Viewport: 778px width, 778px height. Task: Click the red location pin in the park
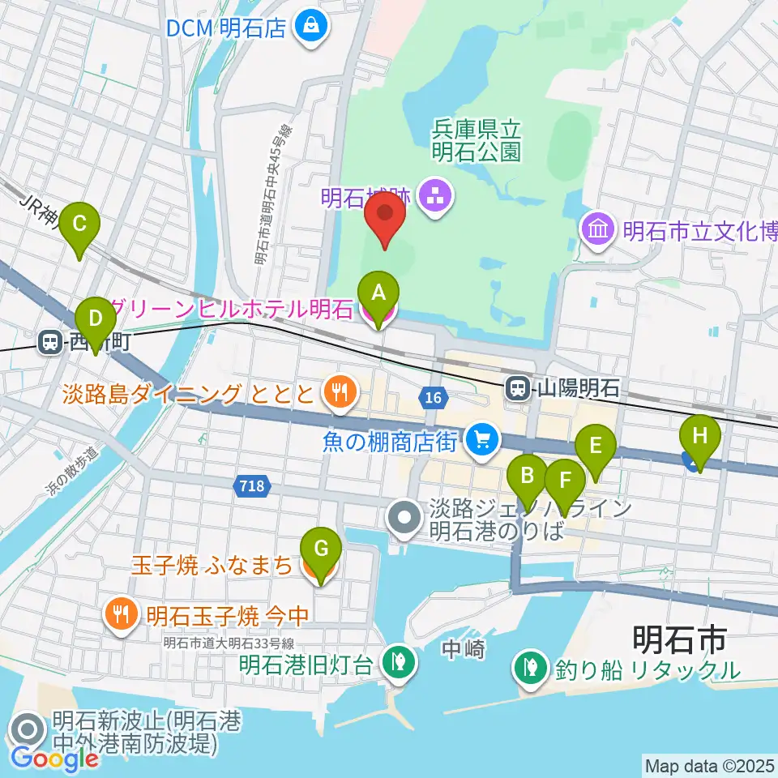(x=385, y=217)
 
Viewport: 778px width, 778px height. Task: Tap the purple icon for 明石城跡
(x=436, y=197)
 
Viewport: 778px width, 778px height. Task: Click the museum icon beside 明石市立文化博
(x=598, y=230)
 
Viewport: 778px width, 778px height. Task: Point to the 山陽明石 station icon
(x=517, y=389)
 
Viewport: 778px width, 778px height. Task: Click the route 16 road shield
(x=433, y=396)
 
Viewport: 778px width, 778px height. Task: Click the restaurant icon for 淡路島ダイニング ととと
(x=336, y=394)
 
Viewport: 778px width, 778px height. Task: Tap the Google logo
(x=55, y=758)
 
